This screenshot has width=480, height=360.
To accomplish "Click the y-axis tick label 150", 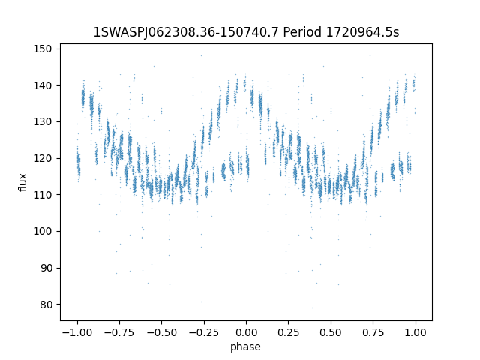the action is click(x=43, y=49).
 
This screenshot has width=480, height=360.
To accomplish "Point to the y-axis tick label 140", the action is click(x=43, y=85).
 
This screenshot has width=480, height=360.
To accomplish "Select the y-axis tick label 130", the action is click(x=43, y=121).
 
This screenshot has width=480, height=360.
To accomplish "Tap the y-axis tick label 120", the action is click(x=43, y=158).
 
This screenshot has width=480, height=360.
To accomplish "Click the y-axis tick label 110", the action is click(x=43, y=195).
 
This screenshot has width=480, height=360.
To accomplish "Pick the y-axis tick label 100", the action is click(x=43, y=232).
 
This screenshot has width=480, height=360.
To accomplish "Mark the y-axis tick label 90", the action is click(x=46, y=268).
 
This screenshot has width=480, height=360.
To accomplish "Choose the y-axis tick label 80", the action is click(x=46, y=304).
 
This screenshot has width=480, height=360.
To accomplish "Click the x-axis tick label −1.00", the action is click(x=77, y=332).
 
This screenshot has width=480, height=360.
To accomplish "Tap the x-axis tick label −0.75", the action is click(x=119, y=332).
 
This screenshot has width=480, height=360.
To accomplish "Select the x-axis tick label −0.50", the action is click(x=162, y=332).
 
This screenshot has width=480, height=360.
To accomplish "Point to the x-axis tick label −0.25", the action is click(x=204, y=332).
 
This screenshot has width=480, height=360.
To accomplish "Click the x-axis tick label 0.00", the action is click(x=246, y=332).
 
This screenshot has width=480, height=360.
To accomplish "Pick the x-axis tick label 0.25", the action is click(x=288, y=332).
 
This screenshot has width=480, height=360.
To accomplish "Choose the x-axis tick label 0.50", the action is click(x=331, y=332).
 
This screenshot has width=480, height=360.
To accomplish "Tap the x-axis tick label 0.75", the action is click(x=373, y=332).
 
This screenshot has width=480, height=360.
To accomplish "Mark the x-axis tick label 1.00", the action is click(x=415, y=332).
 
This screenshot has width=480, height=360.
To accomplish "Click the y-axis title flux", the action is click(x=22, y=182).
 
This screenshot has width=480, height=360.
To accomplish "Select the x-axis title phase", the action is click(x=245, y=346).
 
